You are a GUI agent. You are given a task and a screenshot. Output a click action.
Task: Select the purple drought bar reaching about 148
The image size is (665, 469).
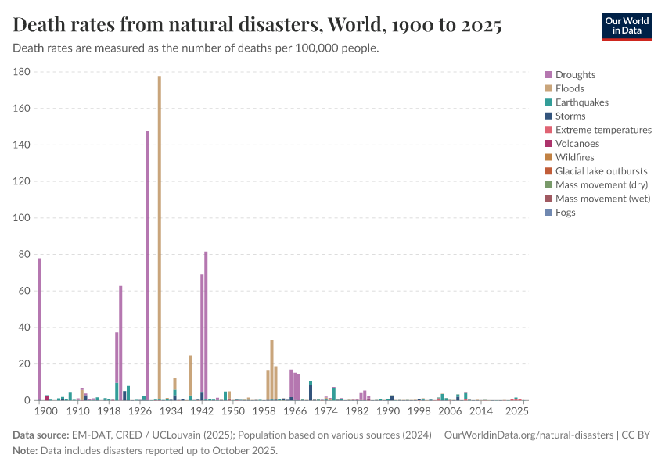[x=148, y=266]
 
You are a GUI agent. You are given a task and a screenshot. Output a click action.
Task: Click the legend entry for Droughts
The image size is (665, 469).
[x=575, y=75]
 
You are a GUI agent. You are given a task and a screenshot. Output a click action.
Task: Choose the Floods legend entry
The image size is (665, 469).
[x=570, y=89]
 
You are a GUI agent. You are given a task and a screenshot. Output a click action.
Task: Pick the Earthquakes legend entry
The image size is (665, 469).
[x=581, y=102]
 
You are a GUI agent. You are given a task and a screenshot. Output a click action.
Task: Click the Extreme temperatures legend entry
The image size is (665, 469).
[x=603, y=130]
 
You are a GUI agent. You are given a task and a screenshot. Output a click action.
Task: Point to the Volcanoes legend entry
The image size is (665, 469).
[x=577, y=144]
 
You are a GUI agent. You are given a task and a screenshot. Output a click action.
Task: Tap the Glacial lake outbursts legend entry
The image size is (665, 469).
[x=601, y=171]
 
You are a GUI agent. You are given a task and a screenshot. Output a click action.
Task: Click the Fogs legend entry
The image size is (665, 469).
[x=565, y=213]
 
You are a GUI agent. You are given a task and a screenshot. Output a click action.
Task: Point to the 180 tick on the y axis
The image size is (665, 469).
[x=22, y=72]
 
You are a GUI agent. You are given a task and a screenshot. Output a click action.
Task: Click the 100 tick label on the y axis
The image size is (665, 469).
[x=22, y=218]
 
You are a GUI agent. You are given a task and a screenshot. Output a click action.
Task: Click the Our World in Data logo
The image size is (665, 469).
[x=626, y=26]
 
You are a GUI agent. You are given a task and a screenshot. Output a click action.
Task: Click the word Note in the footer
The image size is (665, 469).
[x=26, y=451]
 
